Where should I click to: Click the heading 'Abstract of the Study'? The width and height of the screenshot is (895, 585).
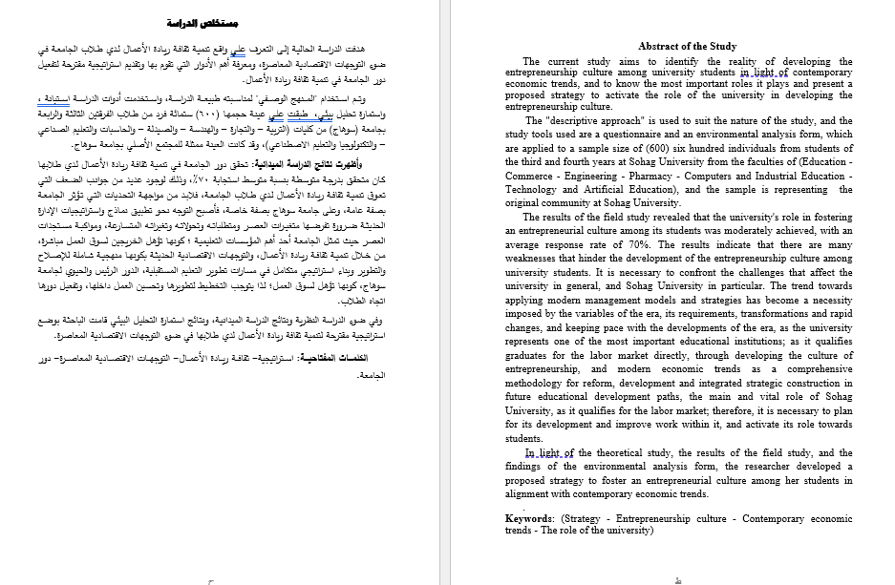(x=687, y=46)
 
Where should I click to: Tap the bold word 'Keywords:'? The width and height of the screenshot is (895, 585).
(x=530, y=519)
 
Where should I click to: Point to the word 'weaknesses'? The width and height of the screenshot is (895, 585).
(x=532, y=258)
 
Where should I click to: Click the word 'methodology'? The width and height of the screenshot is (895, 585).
(x=539, y=382)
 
